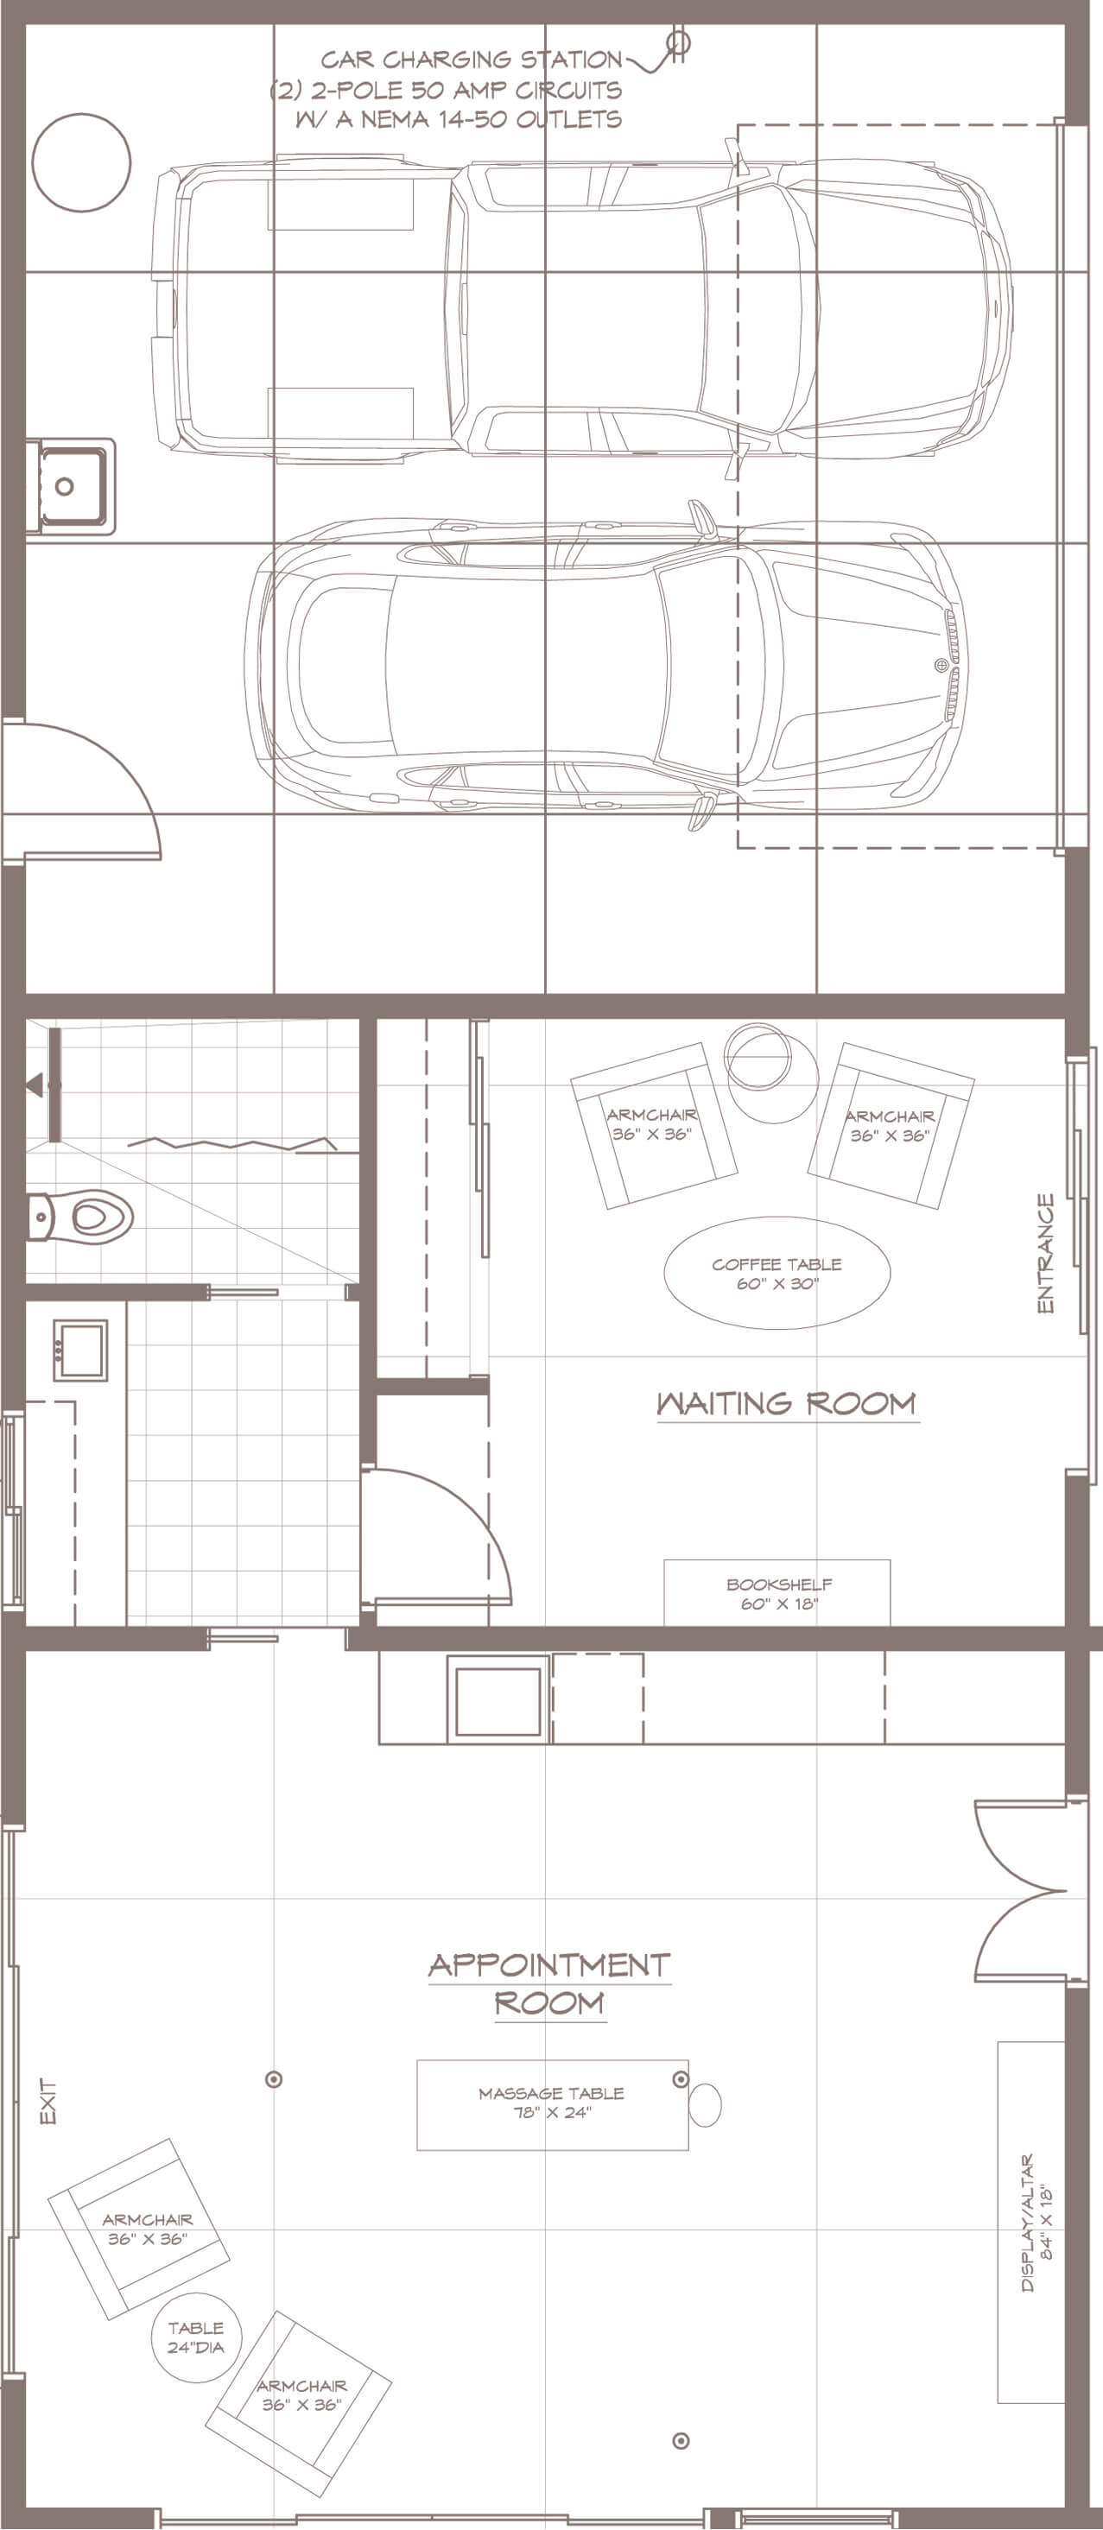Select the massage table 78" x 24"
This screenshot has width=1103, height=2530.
click(552, 2104)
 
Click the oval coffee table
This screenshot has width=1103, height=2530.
click(777, 1273)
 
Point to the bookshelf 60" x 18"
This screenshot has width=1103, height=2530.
click(777, 1593)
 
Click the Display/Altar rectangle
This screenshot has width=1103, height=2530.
click(1031, 2223)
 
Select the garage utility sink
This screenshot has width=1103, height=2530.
click(70, 486)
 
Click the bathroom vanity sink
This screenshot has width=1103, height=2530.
click(79, 1350)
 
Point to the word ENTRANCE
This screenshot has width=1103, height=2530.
click(1046, 1253)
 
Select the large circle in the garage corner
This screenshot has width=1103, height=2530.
click(81, 162)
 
